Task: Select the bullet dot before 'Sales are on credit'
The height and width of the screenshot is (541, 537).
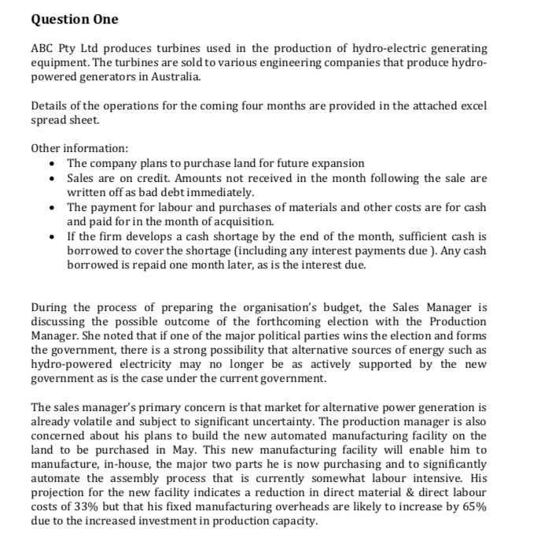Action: (53, 178)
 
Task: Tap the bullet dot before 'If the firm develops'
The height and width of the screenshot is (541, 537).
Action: (53, 235)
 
